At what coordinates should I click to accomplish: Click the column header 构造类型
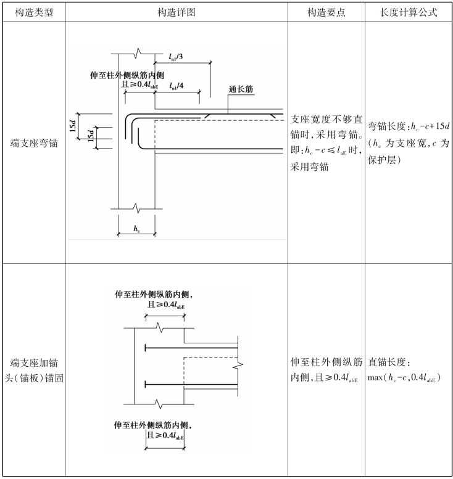[x=34, y=12]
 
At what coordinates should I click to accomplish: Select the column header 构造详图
[x=177, y=12]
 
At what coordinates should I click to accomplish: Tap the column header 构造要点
[x=326, y=12]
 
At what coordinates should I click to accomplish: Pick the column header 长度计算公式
[x=409, y=12]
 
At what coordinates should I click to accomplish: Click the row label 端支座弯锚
[x=34, y=143]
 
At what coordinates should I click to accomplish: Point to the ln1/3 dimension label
[x=176, y=57]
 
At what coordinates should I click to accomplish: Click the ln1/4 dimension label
[x=177, y=86]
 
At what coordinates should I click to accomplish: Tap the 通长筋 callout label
[x=241, y=89]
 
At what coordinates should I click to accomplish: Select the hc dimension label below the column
[x=136, y=229]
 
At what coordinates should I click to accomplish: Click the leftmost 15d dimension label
[x=73, y=126]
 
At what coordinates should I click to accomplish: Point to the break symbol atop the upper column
[x=138, y=54]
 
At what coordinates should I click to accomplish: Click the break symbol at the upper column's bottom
[x=137, y=208]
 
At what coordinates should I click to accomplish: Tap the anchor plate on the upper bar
[x=145, y=348]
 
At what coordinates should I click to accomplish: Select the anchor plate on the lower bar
[x=145, y=384]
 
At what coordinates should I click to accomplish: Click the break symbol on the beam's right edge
[x=238, y=365]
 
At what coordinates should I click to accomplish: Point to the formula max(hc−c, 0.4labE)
[x=404, y=378]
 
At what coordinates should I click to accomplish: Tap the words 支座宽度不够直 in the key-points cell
[x=326, y=119]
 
